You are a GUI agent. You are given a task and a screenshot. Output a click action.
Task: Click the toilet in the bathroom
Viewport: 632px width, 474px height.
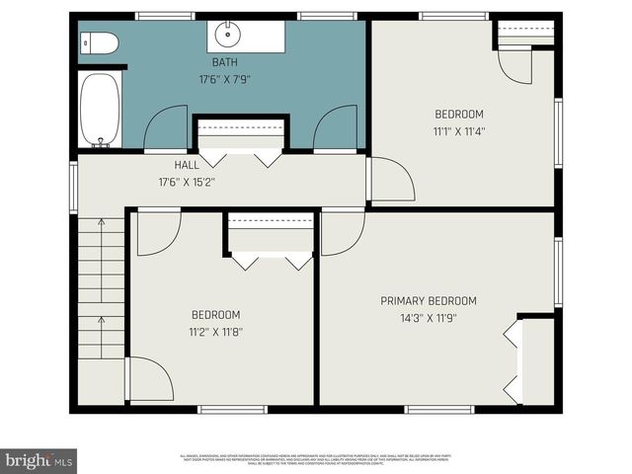100,42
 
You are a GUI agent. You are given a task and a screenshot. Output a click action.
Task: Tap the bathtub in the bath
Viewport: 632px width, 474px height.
100,109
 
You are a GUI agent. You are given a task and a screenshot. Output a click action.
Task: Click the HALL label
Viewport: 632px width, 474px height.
187,166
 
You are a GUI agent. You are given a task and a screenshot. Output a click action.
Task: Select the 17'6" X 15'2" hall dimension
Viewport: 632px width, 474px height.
187,182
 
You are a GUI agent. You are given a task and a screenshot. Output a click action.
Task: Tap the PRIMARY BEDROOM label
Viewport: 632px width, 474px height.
429,301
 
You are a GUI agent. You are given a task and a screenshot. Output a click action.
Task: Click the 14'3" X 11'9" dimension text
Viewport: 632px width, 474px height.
429,318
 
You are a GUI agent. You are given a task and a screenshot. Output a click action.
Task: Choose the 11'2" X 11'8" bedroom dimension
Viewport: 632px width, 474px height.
216,332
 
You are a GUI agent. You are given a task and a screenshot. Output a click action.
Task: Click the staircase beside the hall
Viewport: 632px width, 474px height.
101,288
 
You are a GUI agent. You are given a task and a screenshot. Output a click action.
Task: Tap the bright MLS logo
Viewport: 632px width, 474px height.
39,460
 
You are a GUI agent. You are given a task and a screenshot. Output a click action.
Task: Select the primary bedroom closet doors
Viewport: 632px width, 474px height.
512,360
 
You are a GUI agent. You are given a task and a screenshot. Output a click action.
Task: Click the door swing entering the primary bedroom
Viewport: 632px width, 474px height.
342,233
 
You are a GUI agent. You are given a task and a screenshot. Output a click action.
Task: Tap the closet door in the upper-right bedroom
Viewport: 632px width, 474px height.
514,65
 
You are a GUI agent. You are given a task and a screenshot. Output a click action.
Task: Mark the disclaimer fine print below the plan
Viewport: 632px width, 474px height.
315,459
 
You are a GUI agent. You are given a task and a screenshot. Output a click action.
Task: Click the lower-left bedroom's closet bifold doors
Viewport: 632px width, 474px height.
272,261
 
